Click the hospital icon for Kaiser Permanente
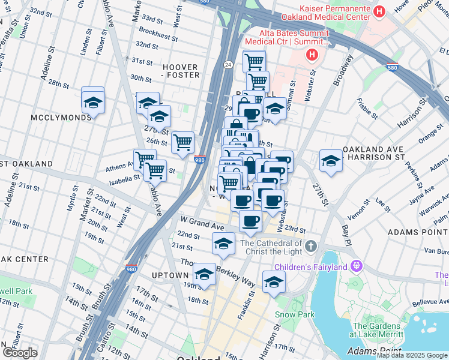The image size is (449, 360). tap(379, 11)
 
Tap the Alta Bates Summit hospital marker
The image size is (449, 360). tap(312, 56)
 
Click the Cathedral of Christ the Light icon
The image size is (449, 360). tap(310, 246)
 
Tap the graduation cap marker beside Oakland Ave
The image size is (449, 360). tap(330, 160)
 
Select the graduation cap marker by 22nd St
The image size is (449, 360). tap(223, 244)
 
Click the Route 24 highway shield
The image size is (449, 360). tap(229, 64)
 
